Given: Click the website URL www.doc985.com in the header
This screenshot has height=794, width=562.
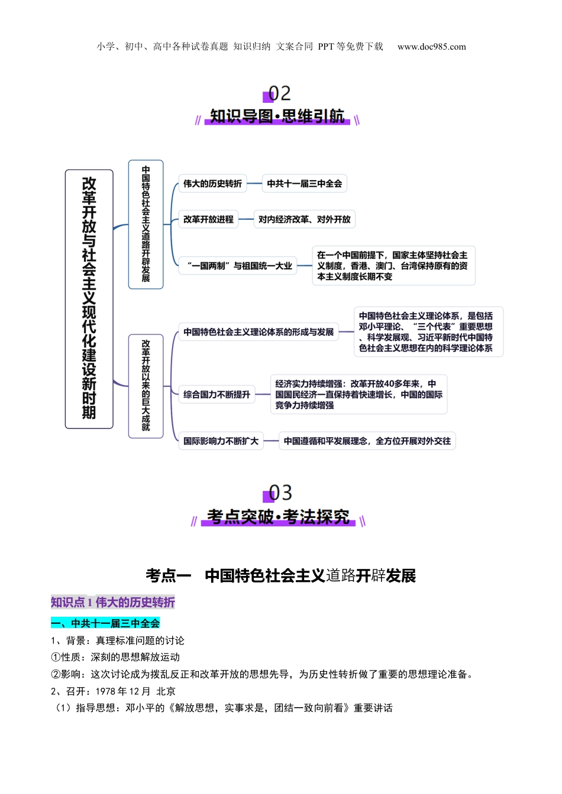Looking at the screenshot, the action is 431,47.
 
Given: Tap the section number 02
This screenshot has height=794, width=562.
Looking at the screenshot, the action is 280,93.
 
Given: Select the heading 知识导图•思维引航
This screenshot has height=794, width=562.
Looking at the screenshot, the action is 277,116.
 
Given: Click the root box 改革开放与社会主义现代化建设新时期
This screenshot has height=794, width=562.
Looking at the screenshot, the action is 89,299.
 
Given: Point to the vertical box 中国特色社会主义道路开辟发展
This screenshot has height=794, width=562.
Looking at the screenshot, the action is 146,224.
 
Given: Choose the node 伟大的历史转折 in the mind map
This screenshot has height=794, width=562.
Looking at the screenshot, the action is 212,184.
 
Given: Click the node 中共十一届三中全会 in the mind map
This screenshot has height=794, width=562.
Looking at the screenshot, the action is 304,184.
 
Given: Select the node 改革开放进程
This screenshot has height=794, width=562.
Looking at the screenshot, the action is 208,219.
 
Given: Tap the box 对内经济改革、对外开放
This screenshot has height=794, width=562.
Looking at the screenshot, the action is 304,219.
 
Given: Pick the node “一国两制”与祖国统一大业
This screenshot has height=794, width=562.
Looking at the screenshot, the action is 237,266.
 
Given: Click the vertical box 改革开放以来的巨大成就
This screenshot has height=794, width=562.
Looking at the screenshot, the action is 146,386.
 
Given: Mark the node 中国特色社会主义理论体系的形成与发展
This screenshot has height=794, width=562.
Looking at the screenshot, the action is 259,332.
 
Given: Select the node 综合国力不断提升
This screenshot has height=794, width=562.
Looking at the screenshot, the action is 217,395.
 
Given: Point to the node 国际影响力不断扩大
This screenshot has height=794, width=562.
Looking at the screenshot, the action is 221,441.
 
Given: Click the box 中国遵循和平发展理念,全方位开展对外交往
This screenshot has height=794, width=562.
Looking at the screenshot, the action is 367,441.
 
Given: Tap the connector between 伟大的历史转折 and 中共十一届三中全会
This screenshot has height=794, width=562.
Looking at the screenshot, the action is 254,184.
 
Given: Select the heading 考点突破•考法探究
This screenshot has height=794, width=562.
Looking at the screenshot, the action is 278,517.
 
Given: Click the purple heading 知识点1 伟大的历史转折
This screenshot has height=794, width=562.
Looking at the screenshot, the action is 113,603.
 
